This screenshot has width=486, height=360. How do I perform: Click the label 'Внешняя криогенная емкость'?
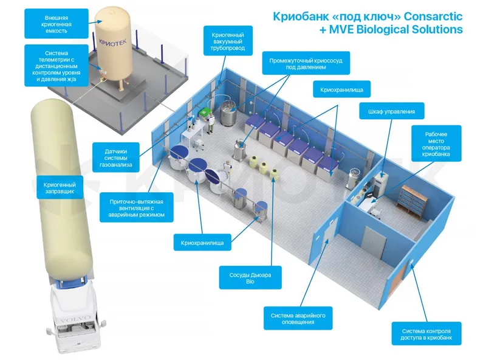pos(56,24)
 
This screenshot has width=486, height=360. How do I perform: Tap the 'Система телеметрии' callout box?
pos(56,66)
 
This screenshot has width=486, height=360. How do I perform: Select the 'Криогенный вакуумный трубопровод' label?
pos(228,41)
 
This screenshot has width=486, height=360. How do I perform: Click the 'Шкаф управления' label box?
pos(391,111)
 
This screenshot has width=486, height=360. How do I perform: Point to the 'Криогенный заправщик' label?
pos(60,187)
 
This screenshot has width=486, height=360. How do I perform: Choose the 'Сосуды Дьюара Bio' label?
pos(250,278)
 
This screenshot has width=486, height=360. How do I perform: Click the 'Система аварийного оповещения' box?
pos(298,318)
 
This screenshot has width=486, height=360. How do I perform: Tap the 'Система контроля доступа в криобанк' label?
pos(426,334)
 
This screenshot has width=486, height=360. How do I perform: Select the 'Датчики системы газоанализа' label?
pos(115,157)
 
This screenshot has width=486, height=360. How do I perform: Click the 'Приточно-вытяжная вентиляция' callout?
pos(136,207)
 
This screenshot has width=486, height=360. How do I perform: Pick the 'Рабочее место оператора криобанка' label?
pos(436,144)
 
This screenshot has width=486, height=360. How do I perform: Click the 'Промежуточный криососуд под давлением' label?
pos(306,63)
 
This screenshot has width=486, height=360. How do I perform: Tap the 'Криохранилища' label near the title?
pos(341,89)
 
